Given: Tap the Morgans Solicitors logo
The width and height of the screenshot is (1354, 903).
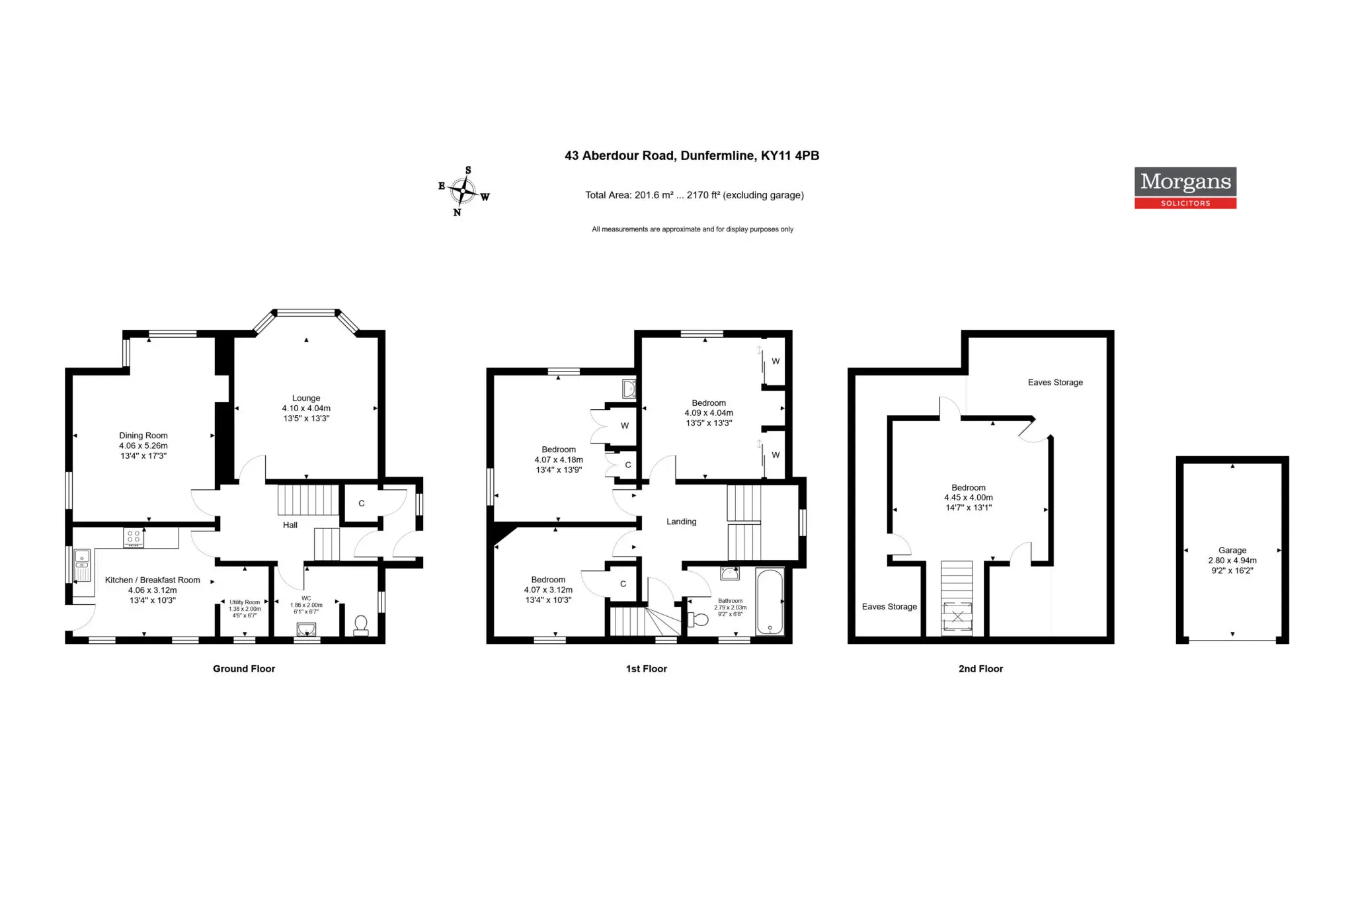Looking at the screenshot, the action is (1185, 188).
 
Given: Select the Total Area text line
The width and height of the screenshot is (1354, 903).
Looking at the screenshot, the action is (694, 195).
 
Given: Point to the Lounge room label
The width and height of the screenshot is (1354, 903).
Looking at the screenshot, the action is (306, 398).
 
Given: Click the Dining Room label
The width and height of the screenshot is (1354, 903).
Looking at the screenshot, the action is (143, 436).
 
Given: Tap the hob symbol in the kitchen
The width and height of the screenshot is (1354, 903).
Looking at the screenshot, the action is (134, 538).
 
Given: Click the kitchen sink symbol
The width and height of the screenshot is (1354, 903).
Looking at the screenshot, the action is (82, 566).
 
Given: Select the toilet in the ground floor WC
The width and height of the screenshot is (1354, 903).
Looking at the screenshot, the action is (361, 625).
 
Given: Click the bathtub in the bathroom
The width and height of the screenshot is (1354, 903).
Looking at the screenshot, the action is (770, 602).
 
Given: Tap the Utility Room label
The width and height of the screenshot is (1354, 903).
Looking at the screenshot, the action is (245, 602).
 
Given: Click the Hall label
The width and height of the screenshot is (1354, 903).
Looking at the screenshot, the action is (290, 525).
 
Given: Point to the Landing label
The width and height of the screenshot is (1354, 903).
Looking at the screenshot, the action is (682, 522).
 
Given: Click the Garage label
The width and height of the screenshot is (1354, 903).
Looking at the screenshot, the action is (1232, 550).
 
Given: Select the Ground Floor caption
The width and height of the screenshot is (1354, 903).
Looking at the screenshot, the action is (244, 668).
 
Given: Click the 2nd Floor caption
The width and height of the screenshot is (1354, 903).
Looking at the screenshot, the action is (980, 668).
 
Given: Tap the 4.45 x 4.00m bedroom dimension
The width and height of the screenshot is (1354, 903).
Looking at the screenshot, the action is (969, 498).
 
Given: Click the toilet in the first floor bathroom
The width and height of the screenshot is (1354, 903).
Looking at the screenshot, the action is (697, 619).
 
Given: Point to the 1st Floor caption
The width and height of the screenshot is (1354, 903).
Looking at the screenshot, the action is (647, 668).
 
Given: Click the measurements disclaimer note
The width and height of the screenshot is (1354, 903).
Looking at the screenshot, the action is (692, 229).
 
